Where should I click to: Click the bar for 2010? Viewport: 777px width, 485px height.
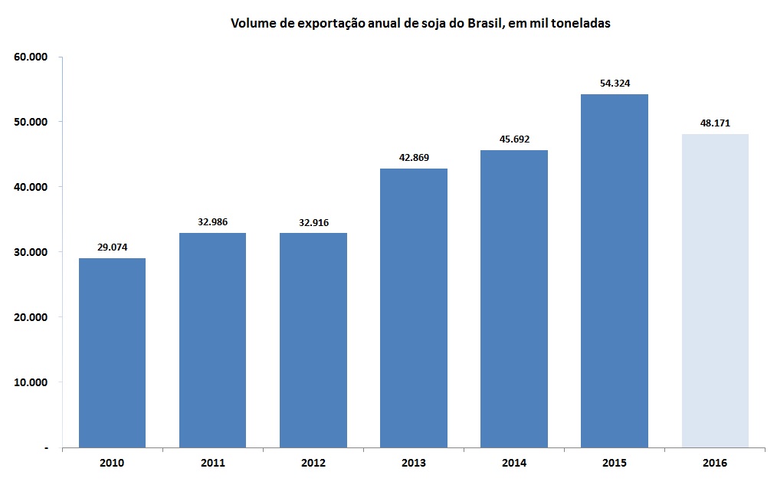[112, 352]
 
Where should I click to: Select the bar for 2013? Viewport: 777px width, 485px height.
[414, 307]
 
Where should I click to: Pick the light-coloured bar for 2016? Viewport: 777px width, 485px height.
[715, 290]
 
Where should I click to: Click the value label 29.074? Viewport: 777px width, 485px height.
[112, 248]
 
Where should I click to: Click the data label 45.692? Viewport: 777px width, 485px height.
[514, 139]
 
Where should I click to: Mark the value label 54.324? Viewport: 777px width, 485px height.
[615, 84]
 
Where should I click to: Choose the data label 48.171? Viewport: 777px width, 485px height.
[715, 123]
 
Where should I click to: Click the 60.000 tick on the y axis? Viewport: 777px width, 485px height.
[31, 57]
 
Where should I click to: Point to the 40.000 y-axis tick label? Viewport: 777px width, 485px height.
[31, 187]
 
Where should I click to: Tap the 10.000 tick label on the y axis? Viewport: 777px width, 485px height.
[31, 382]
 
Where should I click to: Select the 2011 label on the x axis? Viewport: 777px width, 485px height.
[212, 463]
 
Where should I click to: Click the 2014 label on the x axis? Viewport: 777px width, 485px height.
[514, 463]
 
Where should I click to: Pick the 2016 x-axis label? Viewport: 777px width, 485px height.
[715, 463]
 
